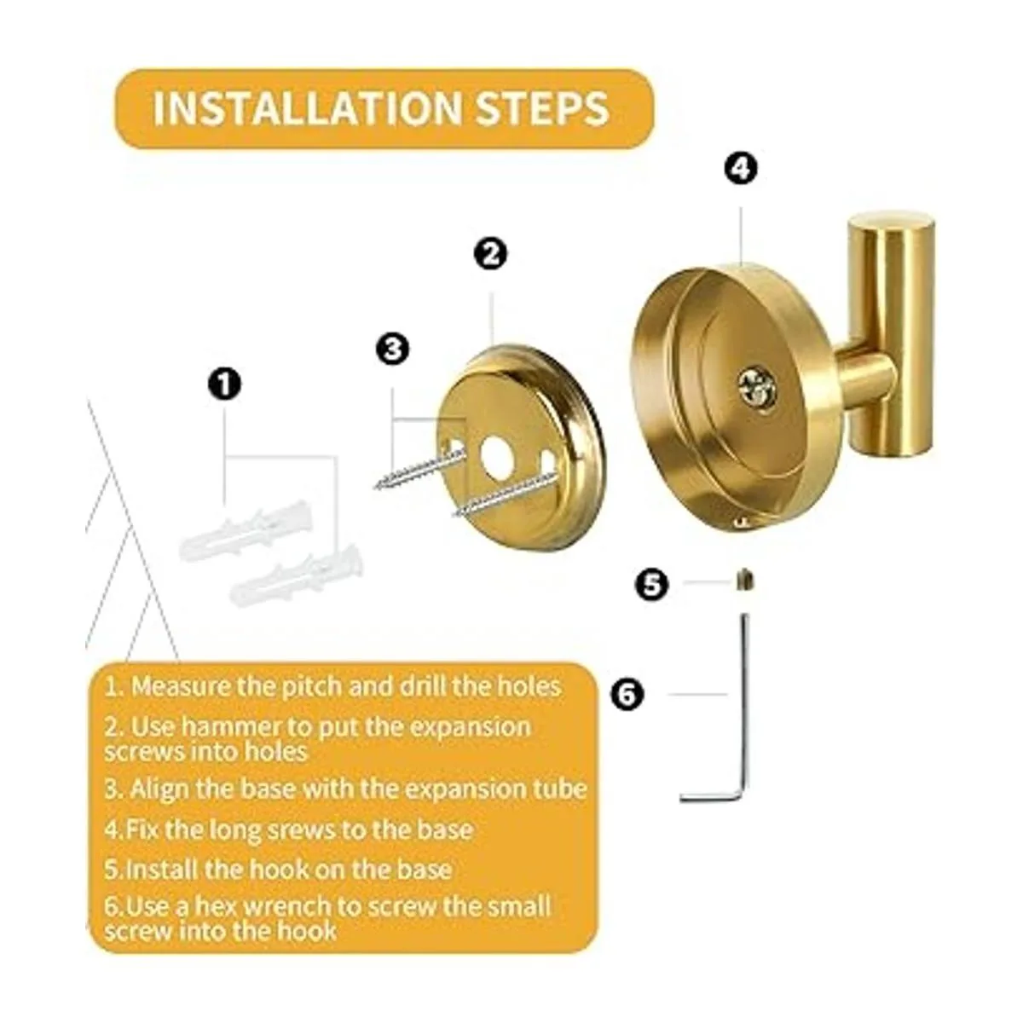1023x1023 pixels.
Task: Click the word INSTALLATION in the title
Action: click(x=308, y=108)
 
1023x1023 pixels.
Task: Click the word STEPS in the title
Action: click(x=541, y=108)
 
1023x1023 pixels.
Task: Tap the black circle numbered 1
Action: click(x=225, y=384)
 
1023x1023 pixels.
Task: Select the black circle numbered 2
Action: click(x=491, y=254)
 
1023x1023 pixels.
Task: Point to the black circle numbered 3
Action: click(x=392, y=350)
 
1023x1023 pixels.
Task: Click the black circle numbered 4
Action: click(x=741, y=169)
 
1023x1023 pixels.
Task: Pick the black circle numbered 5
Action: click(x=652, y=585)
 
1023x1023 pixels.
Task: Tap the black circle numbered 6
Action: click(x=627, y=694)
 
